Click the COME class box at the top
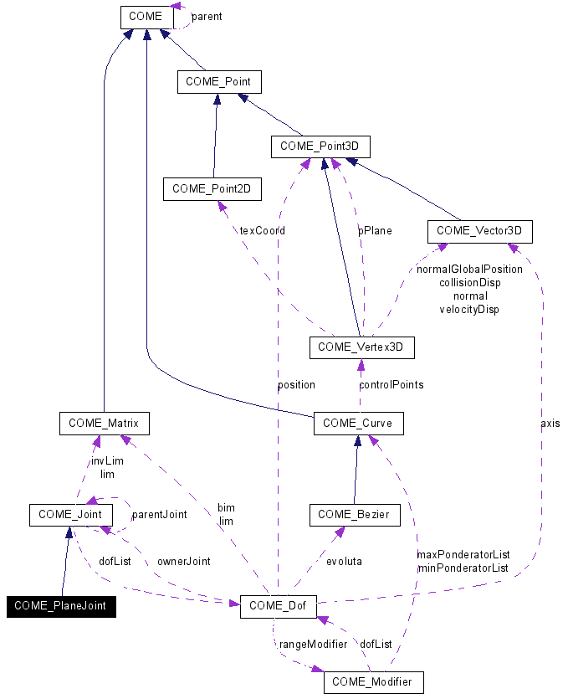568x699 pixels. pos(146,16)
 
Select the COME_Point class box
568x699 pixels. pos(219,81)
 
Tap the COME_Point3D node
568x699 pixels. pos(320,146)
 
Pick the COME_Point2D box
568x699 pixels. pos(212,189)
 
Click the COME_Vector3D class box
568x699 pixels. pos(479,230)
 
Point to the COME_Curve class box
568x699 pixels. pos(358,424)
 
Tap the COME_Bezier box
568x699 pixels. pos(355,515)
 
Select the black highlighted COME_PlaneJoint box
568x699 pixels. pos(60,606)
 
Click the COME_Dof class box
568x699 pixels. pos(278,606)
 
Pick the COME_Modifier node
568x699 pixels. pos(373,682)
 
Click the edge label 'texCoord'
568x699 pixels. pos(262,230)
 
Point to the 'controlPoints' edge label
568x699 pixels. pos(391,385)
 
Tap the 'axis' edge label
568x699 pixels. pos(550,424)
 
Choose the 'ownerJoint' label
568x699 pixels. pos(184,562)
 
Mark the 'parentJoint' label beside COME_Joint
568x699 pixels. pos(160,515)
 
